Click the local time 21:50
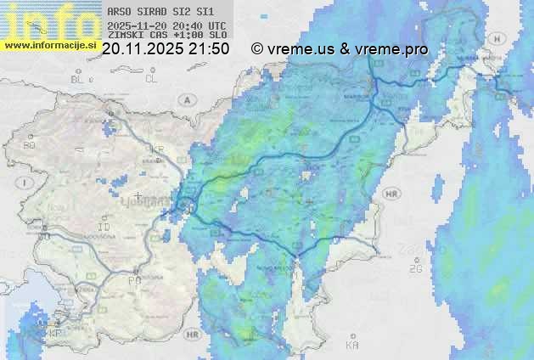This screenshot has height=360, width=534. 210,49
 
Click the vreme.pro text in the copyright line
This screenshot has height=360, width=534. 390,49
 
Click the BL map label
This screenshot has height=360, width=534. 78,79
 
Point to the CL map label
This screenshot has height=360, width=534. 151,79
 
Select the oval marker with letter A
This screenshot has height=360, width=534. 186,99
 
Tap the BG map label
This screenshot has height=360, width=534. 30,146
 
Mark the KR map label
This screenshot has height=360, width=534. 156,149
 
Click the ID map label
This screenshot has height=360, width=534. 104,228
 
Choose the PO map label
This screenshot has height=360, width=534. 134,280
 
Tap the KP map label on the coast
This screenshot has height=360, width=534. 56,332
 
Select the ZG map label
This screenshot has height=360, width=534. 416,269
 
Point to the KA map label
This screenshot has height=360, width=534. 352,345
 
